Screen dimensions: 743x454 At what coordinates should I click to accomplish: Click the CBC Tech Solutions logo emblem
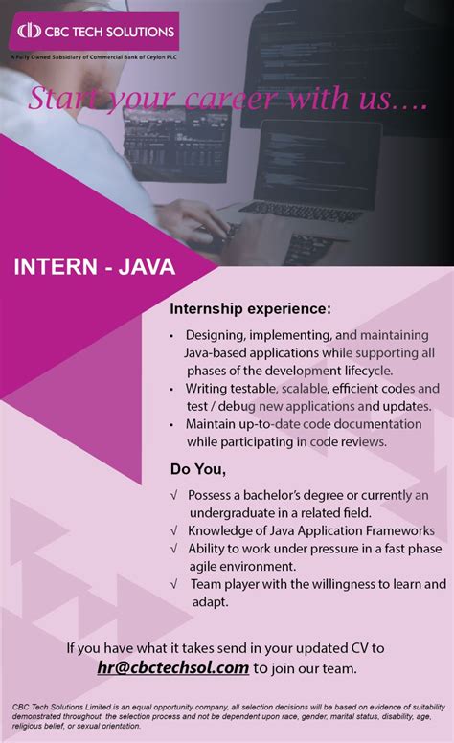[x=30, y=32]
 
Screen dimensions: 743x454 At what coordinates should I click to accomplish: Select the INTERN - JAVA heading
[x=94, y=266]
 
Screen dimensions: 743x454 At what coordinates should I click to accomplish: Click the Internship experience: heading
[x=250, y=309]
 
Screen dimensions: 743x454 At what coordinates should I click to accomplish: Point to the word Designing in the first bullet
[x=216, y=336]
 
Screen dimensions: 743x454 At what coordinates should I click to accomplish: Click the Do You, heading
[x=198, y=469]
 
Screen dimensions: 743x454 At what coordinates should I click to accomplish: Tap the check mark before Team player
[x=173, y=584]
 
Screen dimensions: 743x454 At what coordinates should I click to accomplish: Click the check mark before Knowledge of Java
[x=173, y=530]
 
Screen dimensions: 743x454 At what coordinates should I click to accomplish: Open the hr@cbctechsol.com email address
[x=172, y=667]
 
